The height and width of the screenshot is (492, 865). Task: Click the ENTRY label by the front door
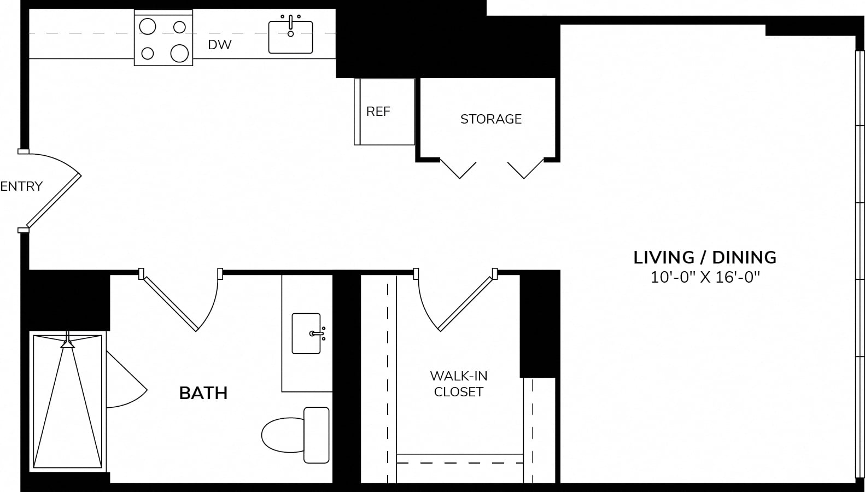click(21, 186)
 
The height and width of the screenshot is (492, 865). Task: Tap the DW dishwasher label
click(220, 45)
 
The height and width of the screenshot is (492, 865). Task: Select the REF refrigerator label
click(378, 112)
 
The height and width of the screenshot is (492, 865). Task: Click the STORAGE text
click(491, 119)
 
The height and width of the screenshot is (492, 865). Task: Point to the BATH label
click(203, 393)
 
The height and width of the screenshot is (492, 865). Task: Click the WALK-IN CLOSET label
click(459, 384)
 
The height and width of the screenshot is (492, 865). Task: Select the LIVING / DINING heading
click(705, 257)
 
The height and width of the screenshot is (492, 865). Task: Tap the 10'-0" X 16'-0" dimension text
click(705, 277)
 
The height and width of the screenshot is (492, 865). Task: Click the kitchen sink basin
click(290, 37)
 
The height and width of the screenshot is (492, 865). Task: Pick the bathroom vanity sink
click(306, 333)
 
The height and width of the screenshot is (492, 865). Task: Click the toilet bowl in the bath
click(283, 435)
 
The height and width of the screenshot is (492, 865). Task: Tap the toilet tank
click(316, 435)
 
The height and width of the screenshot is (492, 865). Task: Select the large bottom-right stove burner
click(179, 53)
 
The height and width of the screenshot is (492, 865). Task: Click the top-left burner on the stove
click(148, 27)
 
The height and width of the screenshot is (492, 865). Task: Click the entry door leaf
click(54, 201)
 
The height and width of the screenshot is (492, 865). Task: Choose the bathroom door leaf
click(170, 303)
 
